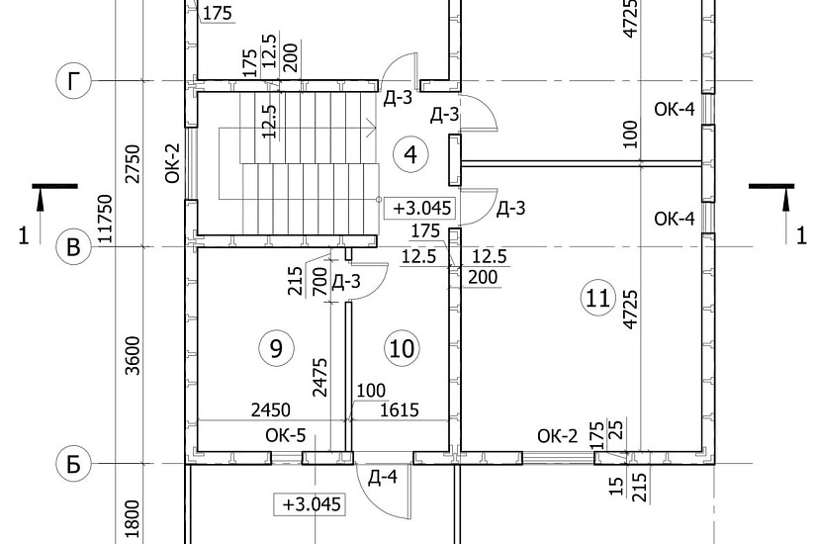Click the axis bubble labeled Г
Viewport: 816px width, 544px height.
point(73,81)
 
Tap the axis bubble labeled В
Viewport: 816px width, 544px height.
point(73,246)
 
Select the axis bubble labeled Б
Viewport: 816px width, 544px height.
point(73,463)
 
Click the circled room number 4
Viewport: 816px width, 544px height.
point(410,154)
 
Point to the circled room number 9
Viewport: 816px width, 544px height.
point(276,348)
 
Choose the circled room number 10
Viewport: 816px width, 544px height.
point(402,348)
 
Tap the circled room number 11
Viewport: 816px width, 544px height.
point(598,299)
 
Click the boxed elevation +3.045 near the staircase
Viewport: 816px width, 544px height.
point(421,209)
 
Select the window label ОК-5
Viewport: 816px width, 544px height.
point(286,435)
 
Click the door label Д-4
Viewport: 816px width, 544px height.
point(383,477)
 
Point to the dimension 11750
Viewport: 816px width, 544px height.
point(105,219)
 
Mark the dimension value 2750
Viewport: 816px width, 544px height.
point(134,163)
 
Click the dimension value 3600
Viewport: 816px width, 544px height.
point(134,355)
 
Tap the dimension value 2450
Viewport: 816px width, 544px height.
point(271,410)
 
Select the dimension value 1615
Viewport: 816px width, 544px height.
point(400,410)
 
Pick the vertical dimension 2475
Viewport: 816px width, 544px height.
point(320,377)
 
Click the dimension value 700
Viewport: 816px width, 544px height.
point(320,282)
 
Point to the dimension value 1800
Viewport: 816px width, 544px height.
point(134,519)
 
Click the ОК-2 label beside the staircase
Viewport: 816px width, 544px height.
point(173,163)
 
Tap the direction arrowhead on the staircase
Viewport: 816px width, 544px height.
point(372,127)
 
